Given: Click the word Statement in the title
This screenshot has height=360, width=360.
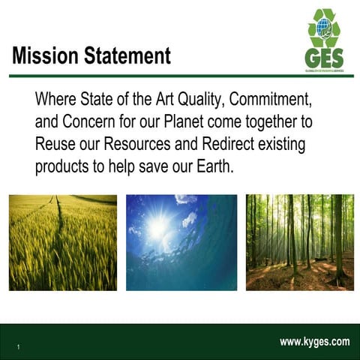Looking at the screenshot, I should coord(124,55).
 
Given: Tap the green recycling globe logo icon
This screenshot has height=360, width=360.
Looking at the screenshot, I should coord(324,28).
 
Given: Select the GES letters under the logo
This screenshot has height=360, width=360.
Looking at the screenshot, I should coord(323,58).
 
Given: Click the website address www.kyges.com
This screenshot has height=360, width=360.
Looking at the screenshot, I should coord(314,342).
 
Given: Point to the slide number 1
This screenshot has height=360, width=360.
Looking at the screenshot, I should coord(17,346).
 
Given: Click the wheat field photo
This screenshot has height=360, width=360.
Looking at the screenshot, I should coord(63,242).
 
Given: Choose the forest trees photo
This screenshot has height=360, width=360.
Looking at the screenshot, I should coord(299,242).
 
